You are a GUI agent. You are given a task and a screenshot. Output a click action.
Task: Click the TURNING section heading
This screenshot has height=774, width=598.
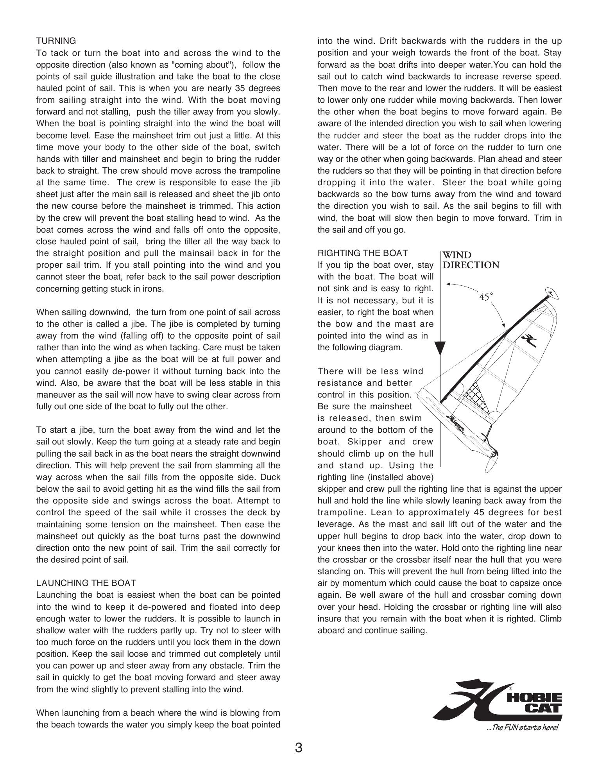pos(56,41)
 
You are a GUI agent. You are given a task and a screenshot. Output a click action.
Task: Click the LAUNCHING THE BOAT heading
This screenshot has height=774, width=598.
pos(86,583)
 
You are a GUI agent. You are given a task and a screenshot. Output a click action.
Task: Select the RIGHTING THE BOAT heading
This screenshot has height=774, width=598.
pos(363,253)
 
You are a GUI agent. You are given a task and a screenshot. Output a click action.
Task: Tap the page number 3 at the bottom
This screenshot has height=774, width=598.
pos(299,748)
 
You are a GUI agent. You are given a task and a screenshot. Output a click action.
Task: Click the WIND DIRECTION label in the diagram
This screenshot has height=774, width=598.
pos(471,260)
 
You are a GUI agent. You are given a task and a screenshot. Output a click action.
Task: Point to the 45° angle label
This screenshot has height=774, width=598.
pos(486,297)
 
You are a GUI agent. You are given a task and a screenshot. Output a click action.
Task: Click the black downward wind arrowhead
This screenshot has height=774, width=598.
pos(440,348)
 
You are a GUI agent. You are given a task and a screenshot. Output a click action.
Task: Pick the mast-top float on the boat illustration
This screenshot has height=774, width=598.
pos(552,293)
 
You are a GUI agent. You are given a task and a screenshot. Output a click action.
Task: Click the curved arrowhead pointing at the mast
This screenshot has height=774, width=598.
pos(503,324)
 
